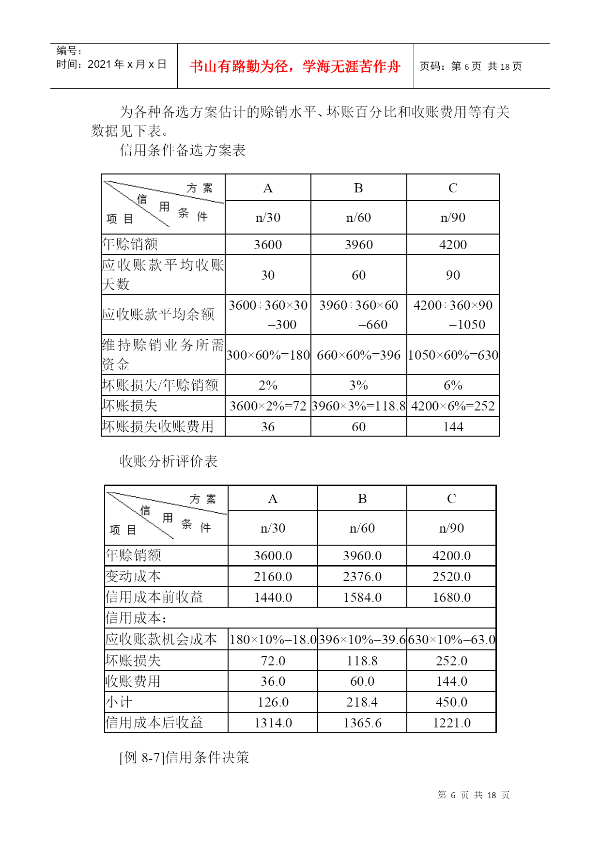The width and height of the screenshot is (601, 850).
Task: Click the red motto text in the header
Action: point(295,66)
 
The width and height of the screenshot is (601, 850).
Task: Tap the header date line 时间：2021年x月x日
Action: point(111,64)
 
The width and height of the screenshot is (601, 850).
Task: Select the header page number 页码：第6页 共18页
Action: point(470,66)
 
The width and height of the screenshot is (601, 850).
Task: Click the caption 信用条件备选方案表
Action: point(183,150)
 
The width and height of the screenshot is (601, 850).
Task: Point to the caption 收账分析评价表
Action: point(169,461)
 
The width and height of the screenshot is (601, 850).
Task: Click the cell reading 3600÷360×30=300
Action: point(268,315)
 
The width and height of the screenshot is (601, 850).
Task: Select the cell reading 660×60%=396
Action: point(358,355)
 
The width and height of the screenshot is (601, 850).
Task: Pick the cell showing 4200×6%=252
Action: point(453,406)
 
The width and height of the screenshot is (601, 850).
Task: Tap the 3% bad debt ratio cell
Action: point(358,385)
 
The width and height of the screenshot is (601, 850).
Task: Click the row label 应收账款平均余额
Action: point(158,315)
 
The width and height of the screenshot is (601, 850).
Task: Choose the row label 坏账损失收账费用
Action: point(158,426)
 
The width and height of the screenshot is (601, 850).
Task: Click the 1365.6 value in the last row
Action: point(362,723)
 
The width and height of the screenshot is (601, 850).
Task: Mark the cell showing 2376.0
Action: point(362,577)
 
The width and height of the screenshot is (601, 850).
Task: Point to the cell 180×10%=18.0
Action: point(273,640)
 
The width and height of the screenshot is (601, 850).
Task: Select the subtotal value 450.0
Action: point(451,702)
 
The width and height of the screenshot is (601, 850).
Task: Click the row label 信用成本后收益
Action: point(154,723)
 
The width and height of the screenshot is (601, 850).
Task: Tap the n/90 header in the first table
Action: point(453,218)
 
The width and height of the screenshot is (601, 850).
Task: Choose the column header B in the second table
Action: point(362,499)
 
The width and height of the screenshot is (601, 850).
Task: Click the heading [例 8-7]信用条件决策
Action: point(184,757)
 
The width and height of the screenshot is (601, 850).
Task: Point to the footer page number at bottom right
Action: point(473,795)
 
